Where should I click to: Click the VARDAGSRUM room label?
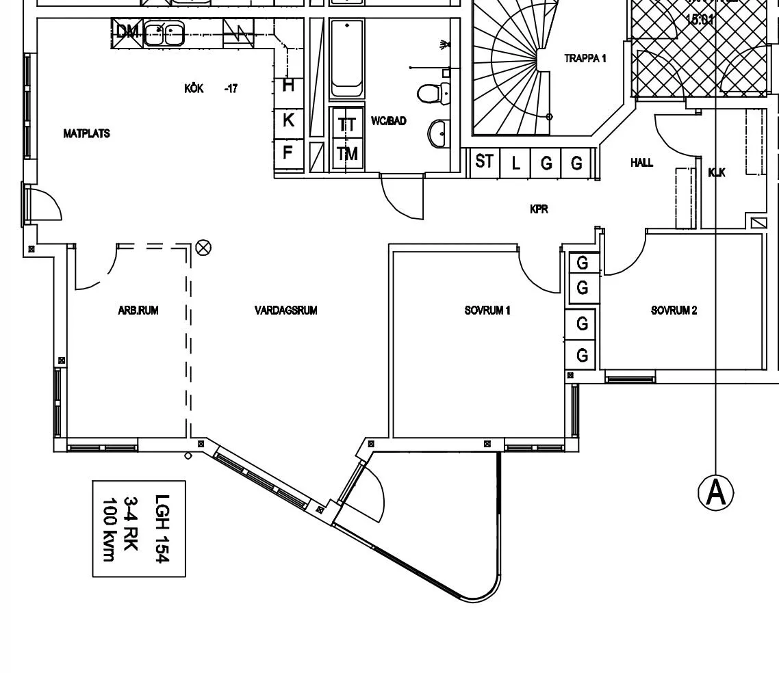tap(285, 311)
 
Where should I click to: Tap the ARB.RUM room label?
tap(138, 311)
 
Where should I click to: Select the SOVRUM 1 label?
tap(487, 311)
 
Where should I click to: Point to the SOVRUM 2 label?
tap(674, 311)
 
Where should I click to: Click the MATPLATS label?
tap(86, 134)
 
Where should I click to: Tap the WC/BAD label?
tap(388, 121)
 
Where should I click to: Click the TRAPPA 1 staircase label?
tap(585, 59)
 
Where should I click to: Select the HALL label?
tap(641, 163)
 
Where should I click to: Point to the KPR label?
tap(539, 209)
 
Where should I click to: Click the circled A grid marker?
tap(715, 492)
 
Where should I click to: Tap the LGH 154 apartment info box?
tap(139, 529)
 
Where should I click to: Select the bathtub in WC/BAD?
tap(347, 60)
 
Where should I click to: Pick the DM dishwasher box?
tap(127, 32)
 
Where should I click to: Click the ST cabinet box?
tap(485, 163)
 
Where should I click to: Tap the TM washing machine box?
tap(347, 154)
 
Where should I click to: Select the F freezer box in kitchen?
tap(288, 151)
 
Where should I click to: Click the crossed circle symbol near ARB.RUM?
tap(203, 248)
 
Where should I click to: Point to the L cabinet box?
tap(515, 163)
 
